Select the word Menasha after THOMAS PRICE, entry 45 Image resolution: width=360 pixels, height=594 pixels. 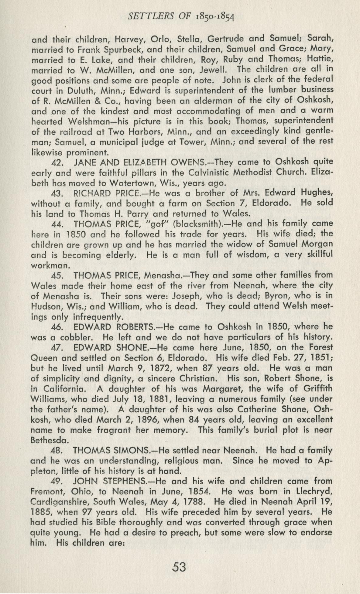click(162, 276)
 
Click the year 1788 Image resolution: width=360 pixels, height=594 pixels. click(204, 502)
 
